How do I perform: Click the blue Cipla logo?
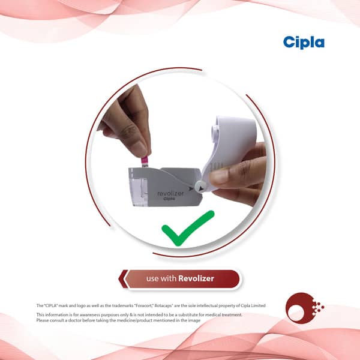click(304, 43)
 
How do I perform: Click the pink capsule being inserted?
click(145, 162)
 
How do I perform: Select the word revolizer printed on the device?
click(170, 194)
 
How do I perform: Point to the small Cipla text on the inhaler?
click(169, 199)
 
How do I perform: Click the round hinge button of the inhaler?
click(200, 187)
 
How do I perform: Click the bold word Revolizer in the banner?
click(196, 278)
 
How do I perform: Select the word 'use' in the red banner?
click(152, 279)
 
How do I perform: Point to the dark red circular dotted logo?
click(304, 308)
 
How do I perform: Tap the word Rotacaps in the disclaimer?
click(164, 305)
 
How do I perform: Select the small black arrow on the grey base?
click(191, 189)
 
